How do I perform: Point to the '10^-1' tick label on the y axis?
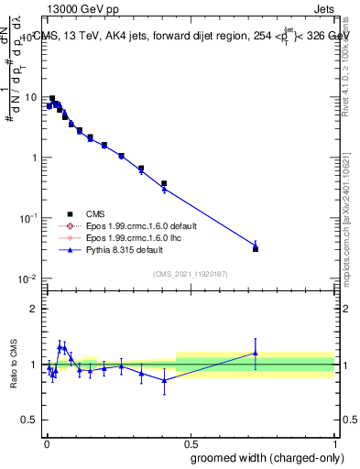point(30,218)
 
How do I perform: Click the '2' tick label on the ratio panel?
point(35,309)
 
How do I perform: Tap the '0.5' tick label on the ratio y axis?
point(30,422)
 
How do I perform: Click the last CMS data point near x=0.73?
point(256,248)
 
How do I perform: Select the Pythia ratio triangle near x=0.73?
point(256,353)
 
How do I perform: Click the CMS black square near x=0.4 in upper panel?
point(164,183)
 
